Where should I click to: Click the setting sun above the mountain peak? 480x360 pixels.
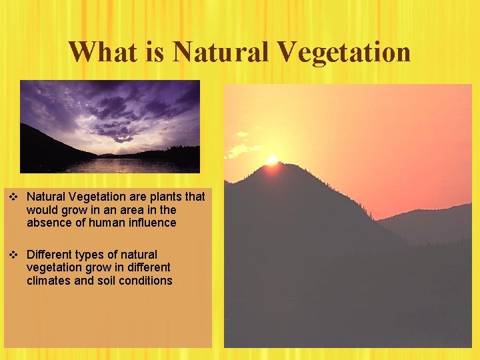pyautogui.click(x=271, y=160)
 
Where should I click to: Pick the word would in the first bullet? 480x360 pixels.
pyautogui.click(x=42, y=210)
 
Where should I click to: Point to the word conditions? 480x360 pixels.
pyautogui.click(x=148, y=281)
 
